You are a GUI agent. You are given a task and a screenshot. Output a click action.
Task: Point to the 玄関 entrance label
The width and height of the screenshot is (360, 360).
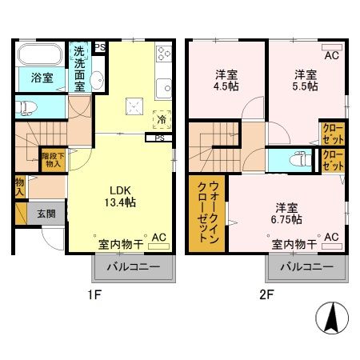coord(46,214)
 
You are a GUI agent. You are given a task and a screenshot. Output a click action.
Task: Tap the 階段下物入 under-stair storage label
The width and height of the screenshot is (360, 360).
coord(52,160)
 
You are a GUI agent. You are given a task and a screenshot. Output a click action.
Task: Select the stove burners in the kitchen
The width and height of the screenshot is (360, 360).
coord(162,53)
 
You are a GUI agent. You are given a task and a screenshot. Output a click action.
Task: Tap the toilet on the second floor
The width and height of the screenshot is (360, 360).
coord(302,158)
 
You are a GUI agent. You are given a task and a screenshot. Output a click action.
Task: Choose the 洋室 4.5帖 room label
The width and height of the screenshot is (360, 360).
coord(226,81)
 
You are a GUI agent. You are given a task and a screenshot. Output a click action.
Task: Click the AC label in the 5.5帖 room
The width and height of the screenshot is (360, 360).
coord(330,55)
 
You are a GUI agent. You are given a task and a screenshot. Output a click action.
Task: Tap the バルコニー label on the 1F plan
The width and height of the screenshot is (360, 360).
coord(134,267)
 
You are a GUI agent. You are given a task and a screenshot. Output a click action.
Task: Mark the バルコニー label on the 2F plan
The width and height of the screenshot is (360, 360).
coord(306,267)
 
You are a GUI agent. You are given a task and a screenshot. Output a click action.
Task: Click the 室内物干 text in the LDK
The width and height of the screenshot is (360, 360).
coord(121,242)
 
